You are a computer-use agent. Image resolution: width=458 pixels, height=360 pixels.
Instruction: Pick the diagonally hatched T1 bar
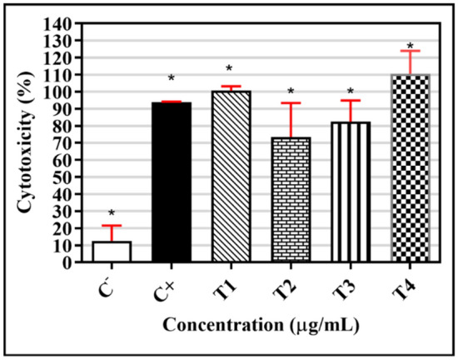[x=230, y=176]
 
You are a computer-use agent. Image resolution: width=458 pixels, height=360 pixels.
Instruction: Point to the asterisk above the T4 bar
[x=410, y=47]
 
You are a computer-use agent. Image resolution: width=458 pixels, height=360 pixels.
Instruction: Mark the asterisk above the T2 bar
[x=290, y=92]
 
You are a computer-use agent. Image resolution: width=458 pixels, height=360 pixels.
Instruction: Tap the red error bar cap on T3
[x=350, y=101]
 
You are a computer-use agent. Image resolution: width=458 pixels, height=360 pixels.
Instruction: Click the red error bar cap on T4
[x=410, y=51]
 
